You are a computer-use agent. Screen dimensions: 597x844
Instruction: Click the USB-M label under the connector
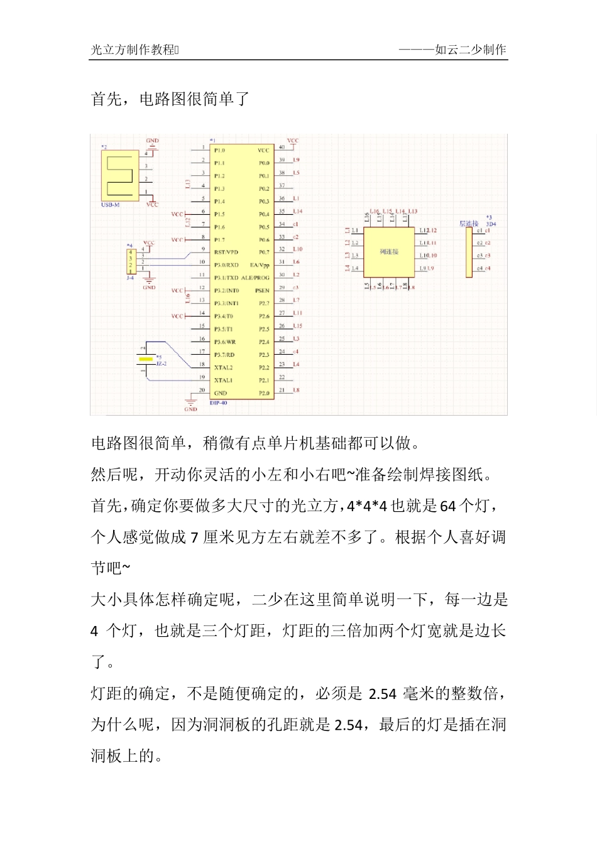point(111,205)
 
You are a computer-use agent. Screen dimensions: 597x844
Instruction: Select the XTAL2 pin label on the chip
point(223,367)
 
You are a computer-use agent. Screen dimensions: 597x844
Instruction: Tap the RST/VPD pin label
point(226,252)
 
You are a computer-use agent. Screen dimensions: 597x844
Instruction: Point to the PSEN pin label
point(262,291)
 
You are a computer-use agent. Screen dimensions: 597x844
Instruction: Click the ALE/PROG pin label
point(255,278)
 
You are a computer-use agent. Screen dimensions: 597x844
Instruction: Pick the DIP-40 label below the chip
point(218,403)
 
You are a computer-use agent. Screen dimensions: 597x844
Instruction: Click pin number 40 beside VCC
point(282,148)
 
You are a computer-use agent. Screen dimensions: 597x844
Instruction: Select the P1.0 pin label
point(219,151)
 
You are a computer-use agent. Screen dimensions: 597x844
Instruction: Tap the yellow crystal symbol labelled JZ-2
point(146,359)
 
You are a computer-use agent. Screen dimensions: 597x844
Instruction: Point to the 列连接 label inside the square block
point(389,252)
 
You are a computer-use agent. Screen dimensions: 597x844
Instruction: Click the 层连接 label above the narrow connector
point(469,224)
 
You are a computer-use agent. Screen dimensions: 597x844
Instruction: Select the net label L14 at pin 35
point(298,212)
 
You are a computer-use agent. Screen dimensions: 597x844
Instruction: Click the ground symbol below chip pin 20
point(190,402)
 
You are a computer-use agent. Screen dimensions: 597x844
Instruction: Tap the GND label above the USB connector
point(153,141)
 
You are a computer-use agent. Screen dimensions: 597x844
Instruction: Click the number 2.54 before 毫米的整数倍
point(382,694)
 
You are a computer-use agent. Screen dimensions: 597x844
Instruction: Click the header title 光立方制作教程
point(133,50)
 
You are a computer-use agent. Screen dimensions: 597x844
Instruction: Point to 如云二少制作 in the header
point(470,50)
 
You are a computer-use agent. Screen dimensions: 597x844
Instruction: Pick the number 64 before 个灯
point(447,506)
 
